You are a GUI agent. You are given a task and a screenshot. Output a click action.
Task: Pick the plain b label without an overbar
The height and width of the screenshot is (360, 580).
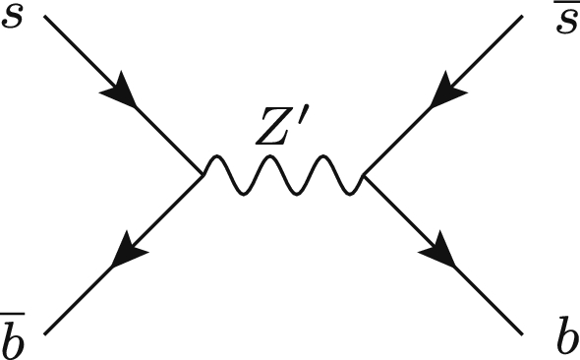[566, 337]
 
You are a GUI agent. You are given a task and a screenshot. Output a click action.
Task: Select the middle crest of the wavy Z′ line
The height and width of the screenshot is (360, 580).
[282, 161]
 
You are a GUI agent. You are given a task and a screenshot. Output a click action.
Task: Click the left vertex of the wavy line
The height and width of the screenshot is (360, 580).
[203, 176]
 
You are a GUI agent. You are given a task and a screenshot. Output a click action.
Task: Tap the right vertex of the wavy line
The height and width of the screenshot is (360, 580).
[364, 177]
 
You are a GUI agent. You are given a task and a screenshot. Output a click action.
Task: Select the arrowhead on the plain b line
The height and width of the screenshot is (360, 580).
[443, 257]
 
